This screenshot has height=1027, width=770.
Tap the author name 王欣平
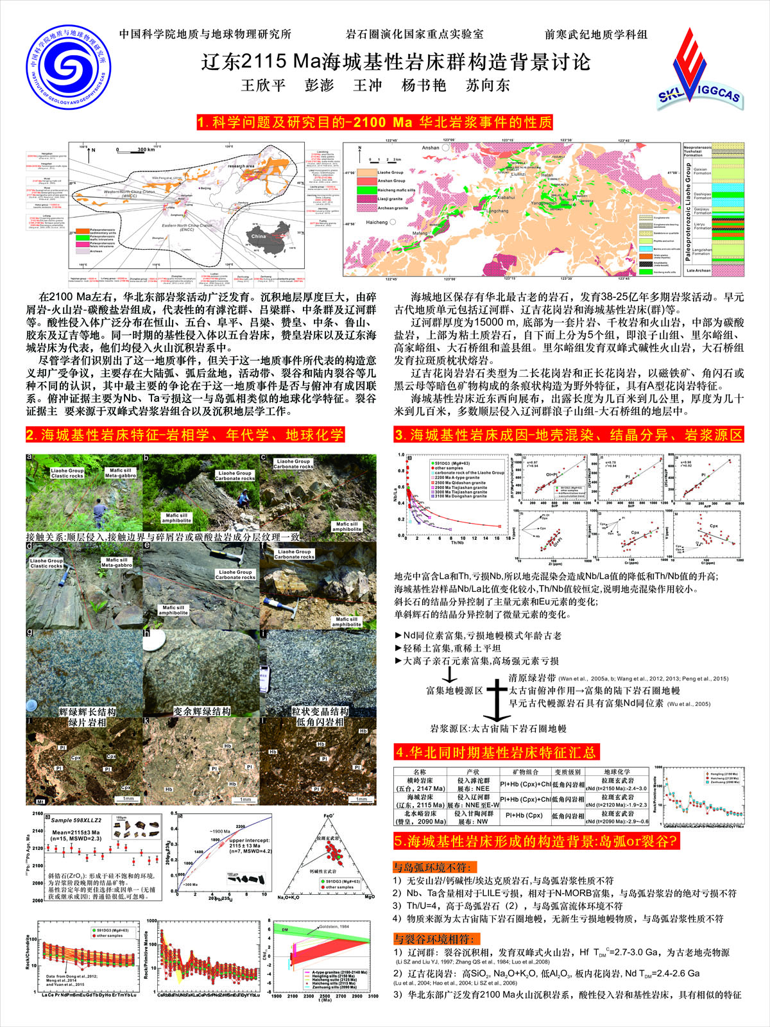point(262,85)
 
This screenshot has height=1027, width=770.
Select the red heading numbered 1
point(375,122)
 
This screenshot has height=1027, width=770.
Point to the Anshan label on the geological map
point(431,148)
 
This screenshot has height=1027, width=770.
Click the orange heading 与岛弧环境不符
point(436,867)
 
